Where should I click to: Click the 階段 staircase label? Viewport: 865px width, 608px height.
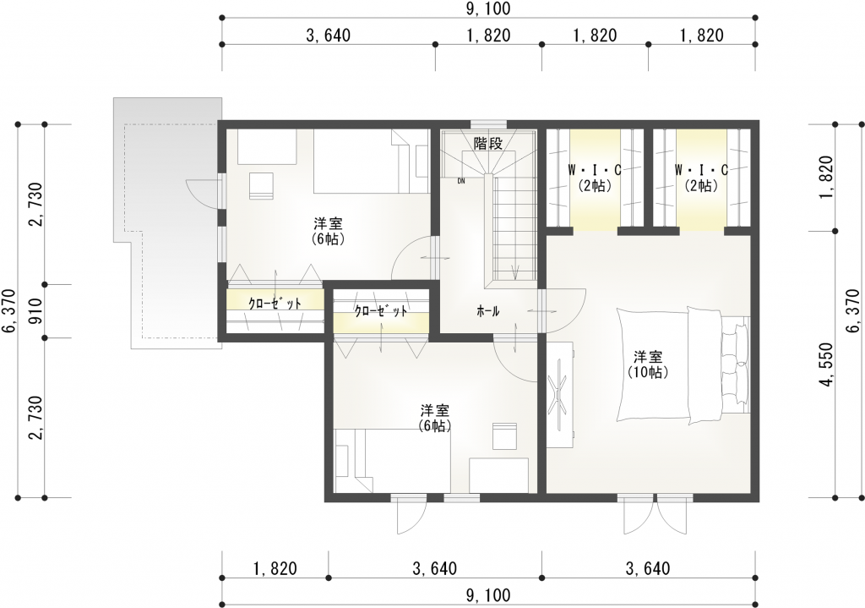click(488, 144)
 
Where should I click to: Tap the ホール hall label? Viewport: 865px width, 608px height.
click(487, 311)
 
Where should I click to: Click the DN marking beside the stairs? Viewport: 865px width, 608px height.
click(461, 180)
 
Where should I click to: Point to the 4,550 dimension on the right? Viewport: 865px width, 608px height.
click(826, 364)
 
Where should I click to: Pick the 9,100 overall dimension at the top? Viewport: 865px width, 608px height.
click(488, 8)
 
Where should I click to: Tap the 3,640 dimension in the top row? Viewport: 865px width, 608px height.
click(329, 36)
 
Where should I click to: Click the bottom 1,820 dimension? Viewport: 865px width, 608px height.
click(275, 568)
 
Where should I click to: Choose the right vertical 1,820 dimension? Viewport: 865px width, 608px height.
click(826, 177)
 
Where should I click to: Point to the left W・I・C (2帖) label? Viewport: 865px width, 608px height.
click(595, 178)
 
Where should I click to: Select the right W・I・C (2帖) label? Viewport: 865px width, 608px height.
click(701, 178)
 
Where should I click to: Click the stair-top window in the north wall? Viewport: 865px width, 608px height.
click(488, 123)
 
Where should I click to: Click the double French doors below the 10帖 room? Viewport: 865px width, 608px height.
click(655, 515)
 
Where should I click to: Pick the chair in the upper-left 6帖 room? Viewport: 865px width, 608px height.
click(261, 185)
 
